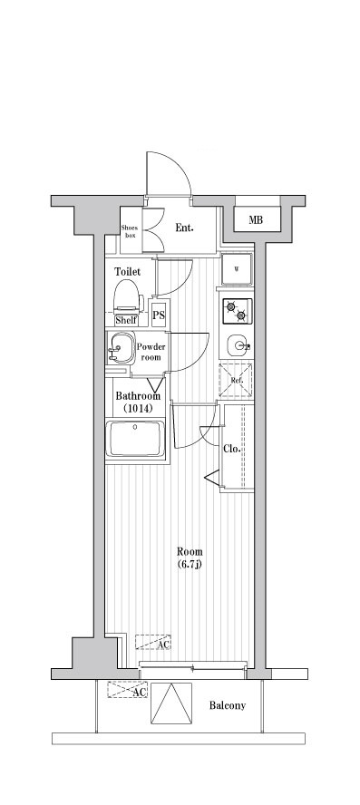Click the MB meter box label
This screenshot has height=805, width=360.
point(256,220)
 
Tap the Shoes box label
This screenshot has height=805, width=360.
point(131,231)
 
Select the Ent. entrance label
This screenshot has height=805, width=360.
point(184,228)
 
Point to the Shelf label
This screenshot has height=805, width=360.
point(126,320)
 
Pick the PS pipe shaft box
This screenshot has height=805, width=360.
point(159,315)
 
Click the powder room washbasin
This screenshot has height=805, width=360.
point(122,347)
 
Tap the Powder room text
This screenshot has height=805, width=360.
point(151,352)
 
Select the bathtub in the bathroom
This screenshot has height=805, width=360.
point(135,438)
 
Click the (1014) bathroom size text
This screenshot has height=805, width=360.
point(139,408)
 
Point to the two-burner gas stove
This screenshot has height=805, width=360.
point(237,311)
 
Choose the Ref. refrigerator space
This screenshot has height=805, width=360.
point(237,380)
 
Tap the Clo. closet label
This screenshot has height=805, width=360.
point(232,449)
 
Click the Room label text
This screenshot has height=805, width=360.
point(190,552)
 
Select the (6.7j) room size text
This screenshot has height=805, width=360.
point(190,564)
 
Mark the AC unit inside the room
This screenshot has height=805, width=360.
point(152,642)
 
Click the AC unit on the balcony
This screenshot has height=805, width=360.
point(127,690)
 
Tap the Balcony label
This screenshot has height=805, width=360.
point(227,705)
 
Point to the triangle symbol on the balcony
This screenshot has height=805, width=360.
point(171,703)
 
